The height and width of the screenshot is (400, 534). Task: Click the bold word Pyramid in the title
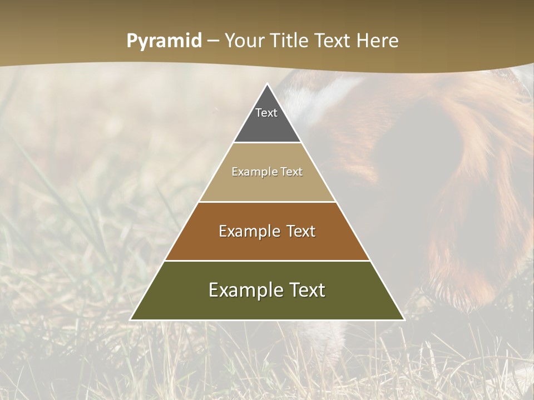point(164,41)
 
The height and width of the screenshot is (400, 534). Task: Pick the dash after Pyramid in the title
point(212,41)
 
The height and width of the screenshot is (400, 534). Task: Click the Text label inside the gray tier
point(266,113)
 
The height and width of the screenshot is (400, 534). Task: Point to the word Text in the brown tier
point(301,231)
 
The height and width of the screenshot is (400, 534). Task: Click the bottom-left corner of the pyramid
point(131,319)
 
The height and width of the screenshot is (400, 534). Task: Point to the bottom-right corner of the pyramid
point(404,319)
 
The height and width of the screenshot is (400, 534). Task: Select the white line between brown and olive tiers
point(268,261)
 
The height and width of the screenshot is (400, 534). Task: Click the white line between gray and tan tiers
point(268,143)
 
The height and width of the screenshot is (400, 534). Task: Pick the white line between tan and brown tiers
point(268,202)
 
